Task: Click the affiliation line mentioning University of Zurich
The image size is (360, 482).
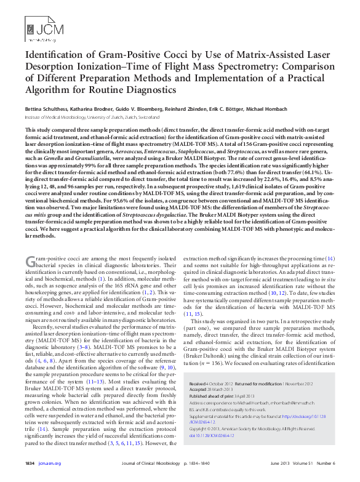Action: [x=92, y=116]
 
